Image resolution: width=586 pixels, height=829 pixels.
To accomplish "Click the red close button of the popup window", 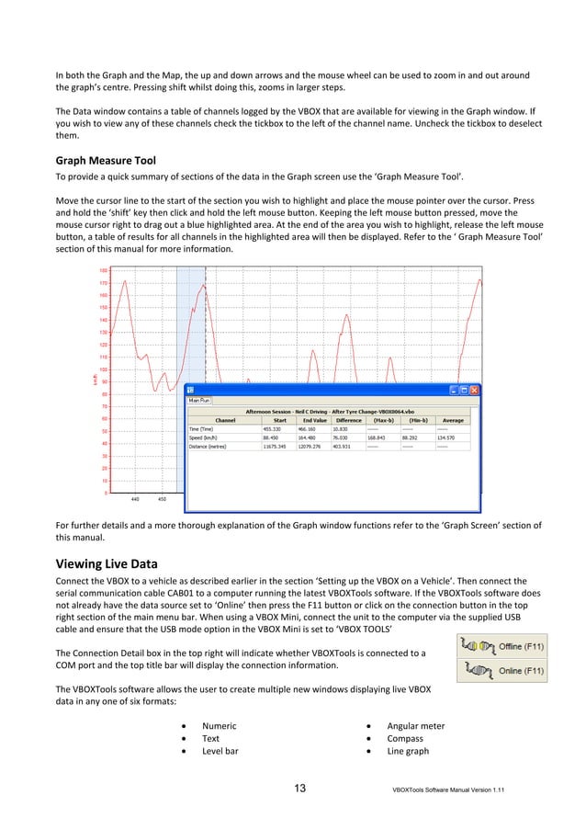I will [475, 390].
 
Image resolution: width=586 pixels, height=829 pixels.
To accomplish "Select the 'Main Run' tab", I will [199, 401].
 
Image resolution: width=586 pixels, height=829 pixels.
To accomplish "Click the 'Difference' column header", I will [348, 419].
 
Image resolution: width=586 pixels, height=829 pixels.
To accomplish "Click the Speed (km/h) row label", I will [208, 438].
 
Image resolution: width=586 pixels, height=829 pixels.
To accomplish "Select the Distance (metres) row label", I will [211, 449].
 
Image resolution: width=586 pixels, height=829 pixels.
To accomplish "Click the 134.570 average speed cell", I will [446, 438].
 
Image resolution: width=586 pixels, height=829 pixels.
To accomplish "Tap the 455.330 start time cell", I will [273, 428].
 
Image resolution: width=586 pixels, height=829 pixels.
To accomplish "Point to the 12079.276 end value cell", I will [310, 449].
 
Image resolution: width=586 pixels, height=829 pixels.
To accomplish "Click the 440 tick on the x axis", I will [136, 499].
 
